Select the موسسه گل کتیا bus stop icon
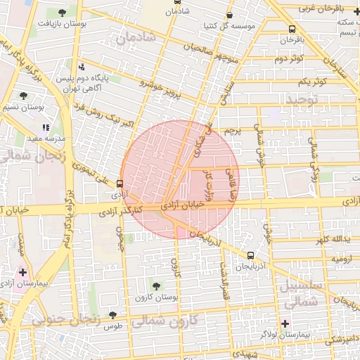[x=230, y=15]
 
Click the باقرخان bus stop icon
[x=292, y=30]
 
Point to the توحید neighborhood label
[x=302, y=99]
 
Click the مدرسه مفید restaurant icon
[x=46, y=128]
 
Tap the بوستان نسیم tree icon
[x=24, y=96]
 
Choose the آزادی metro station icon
[x=119, y=184]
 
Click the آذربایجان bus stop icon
[x=251, y=256]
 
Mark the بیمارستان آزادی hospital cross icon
[x=23, y=272]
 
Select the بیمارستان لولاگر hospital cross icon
[x=285, y=323]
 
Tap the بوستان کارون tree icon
[x=156, y=285]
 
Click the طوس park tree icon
[x=113, y=315]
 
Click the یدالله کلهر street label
[x=331, y=240]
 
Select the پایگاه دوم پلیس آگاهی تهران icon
[x=82, y=67]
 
